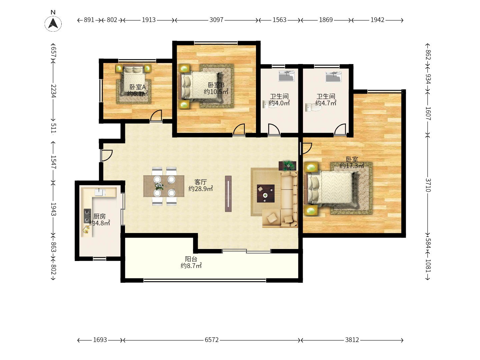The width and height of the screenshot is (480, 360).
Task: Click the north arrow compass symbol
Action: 53,23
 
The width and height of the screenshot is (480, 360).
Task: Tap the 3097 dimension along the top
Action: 216,20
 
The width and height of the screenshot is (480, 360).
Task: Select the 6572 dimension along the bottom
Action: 211,340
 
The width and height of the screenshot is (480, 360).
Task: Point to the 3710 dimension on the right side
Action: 428,185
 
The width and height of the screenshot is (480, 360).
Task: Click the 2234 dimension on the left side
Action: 53,91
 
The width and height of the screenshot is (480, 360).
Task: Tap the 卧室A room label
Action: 138,87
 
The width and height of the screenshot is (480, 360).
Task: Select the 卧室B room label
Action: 216,85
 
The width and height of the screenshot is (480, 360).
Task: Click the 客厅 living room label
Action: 201,182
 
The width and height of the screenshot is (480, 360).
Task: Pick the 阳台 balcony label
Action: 191,259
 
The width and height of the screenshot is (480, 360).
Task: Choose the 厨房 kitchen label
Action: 99,216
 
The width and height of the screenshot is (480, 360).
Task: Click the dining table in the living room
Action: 164,186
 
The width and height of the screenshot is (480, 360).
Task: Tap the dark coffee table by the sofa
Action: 266,193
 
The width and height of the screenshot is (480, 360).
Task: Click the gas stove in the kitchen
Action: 87,216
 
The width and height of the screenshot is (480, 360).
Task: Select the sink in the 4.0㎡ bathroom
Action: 286,76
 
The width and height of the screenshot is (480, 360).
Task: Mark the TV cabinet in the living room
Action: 228,194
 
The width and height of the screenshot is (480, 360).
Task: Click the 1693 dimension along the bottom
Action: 100,340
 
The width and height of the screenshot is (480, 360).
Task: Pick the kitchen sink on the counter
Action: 100,192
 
